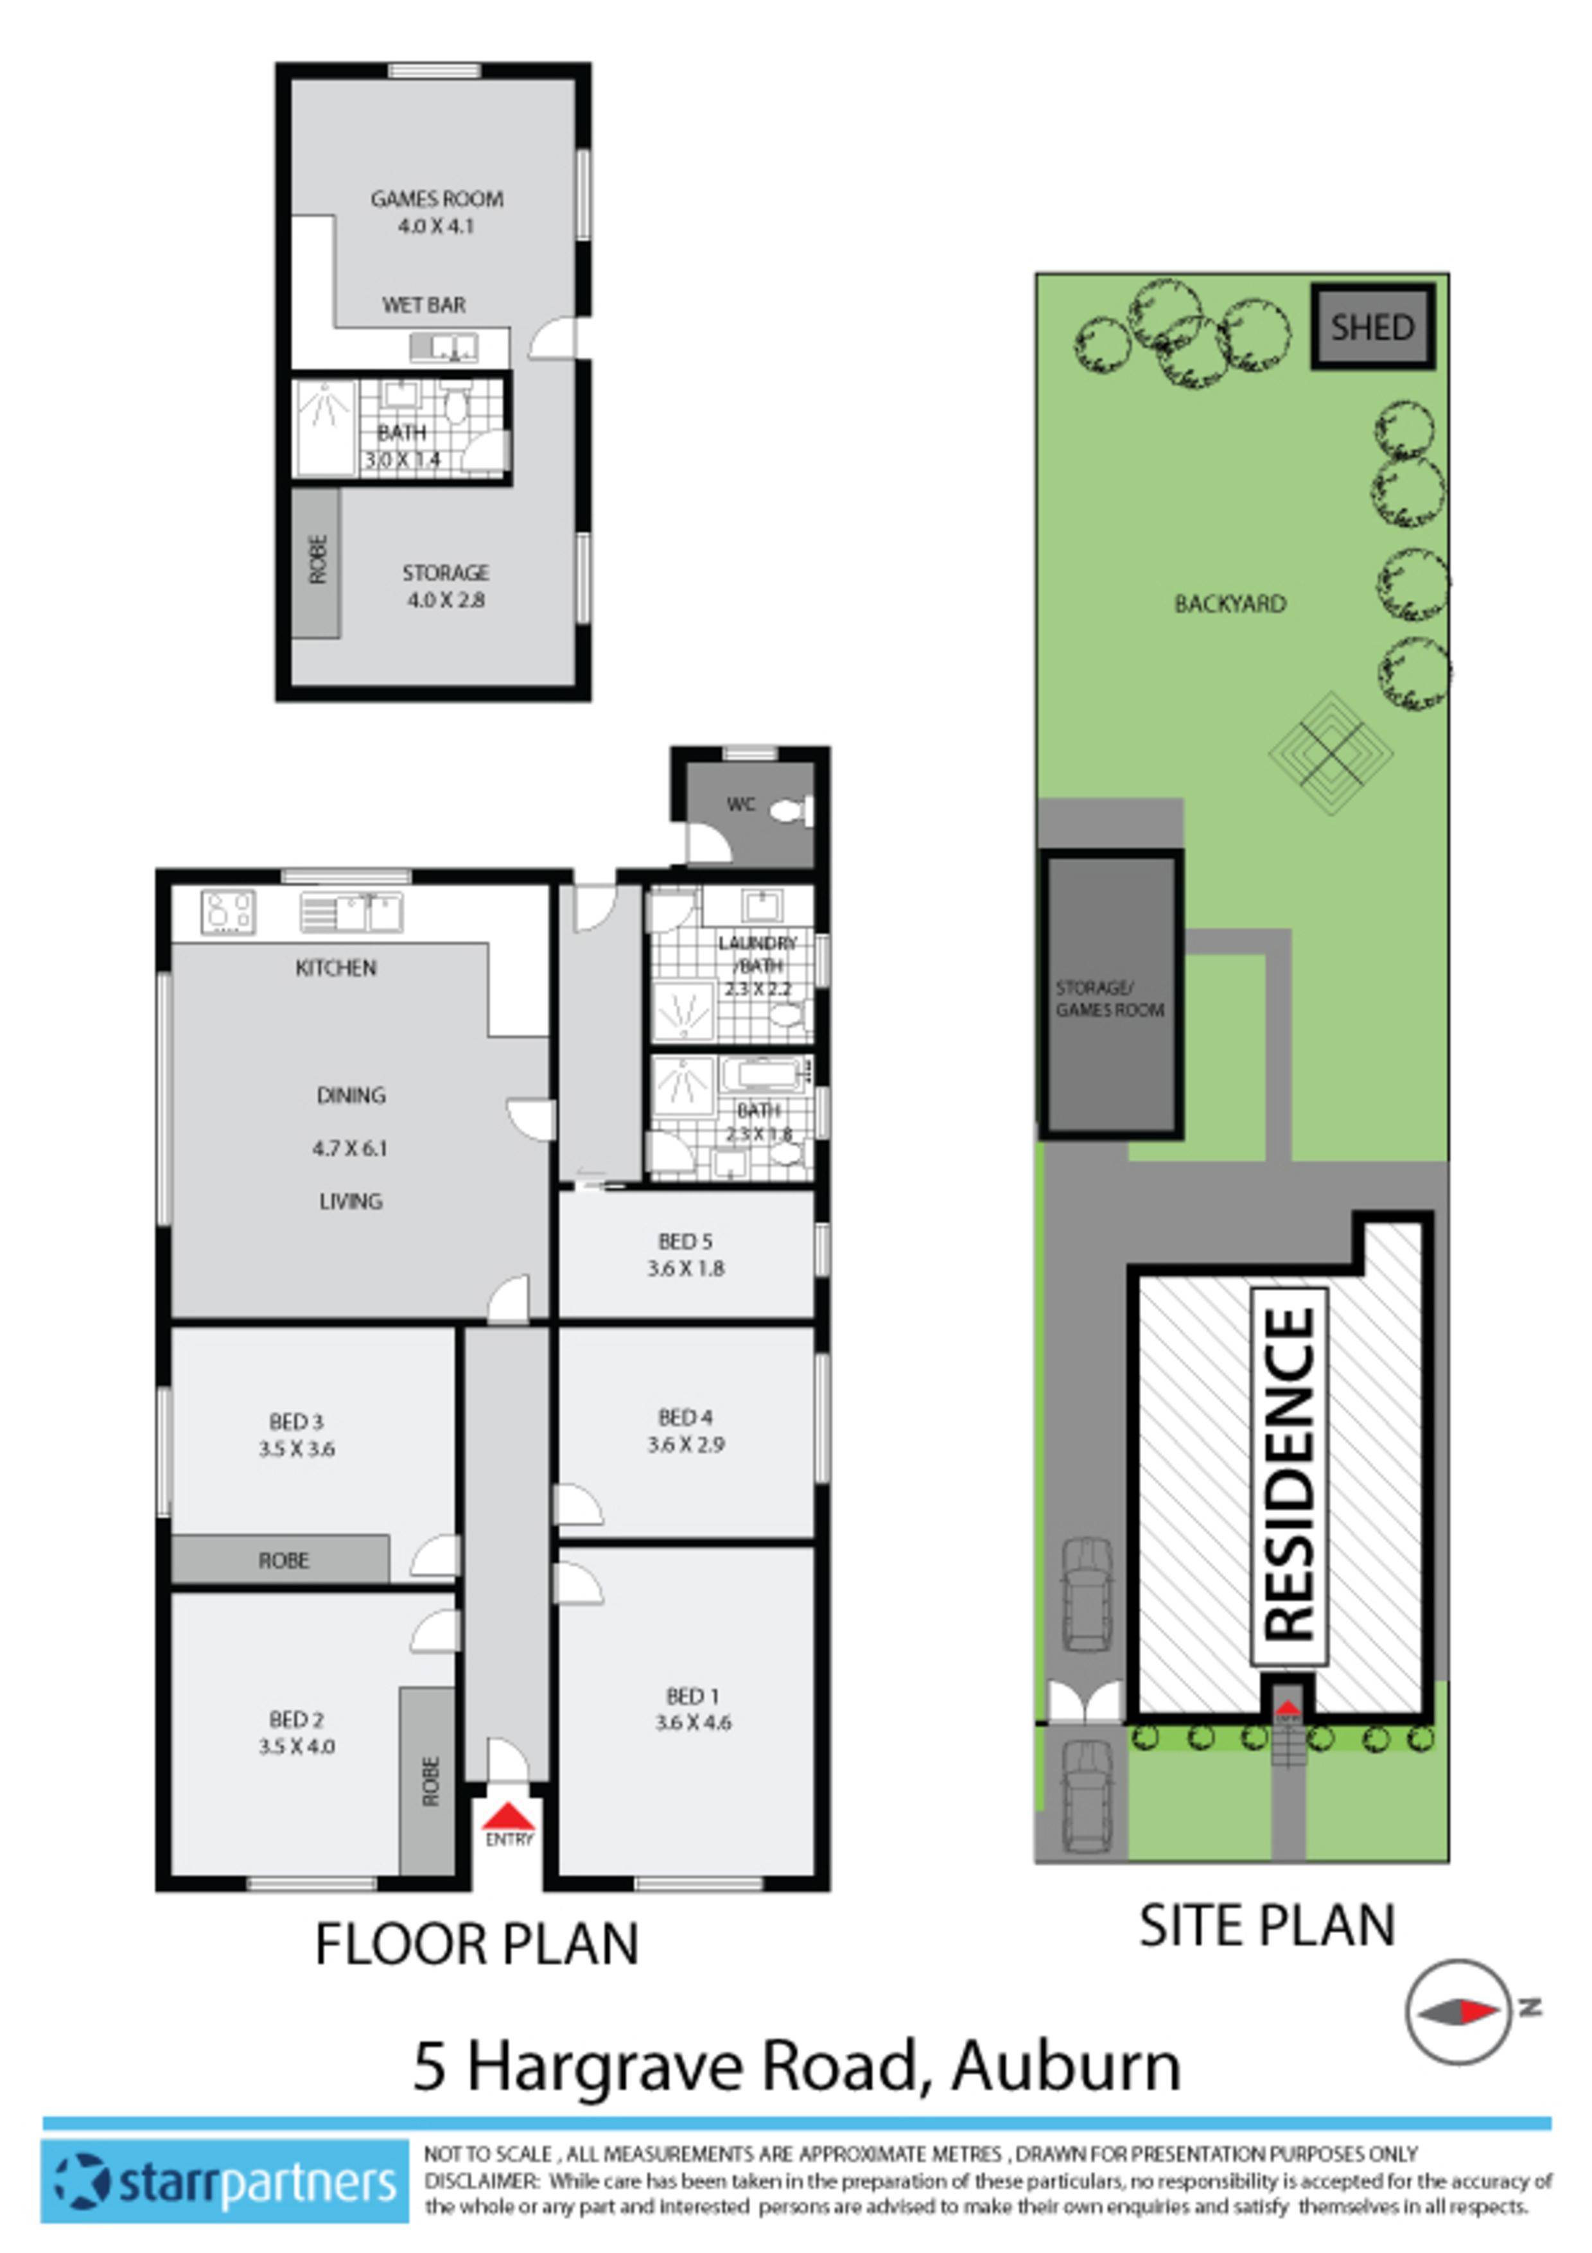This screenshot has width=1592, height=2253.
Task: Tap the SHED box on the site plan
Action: tap(1372, 327)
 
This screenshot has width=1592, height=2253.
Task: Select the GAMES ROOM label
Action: tap(437, 199)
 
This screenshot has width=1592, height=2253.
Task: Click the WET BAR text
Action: tap(424, 305)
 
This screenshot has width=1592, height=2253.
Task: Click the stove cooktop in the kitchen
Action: tap(229, 911)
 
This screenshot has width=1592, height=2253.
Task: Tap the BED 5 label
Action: tap(685, 1241)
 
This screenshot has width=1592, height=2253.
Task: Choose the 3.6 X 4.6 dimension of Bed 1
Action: tap(692, 1722)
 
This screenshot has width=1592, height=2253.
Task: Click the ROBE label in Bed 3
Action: tap(283, 1560)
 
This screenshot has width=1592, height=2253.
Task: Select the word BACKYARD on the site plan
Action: tap(1230, 604)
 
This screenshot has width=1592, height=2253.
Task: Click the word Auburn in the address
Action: tap(1065, 2065)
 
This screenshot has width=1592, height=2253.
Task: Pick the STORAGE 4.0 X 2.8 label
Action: tap(445, 586)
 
